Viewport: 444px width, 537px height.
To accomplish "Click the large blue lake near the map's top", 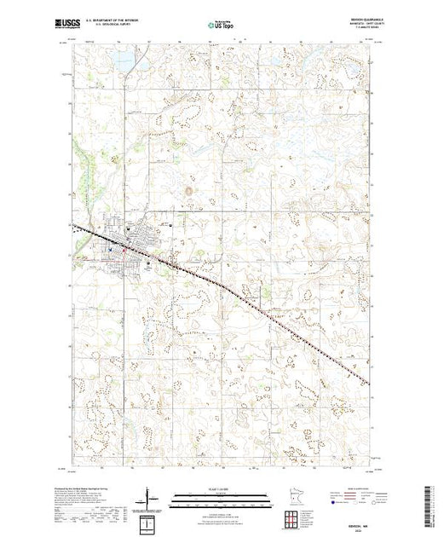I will point(124,61).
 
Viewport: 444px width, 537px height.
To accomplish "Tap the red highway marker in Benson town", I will point(124,248).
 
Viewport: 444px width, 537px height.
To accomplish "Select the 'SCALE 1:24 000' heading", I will point(221,488).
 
